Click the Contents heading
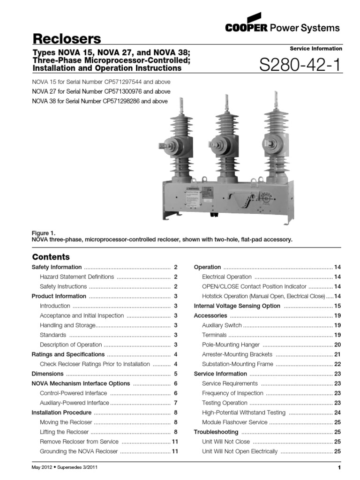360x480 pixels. [51, 257]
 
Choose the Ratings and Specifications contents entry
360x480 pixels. [68, 354]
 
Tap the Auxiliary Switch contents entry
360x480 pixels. [222, 325]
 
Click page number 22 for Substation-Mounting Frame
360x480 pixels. [337, 364]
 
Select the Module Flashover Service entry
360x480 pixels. [234, 422]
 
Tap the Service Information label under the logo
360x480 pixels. [316, 49]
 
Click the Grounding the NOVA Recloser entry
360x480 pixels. [79, 451]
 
